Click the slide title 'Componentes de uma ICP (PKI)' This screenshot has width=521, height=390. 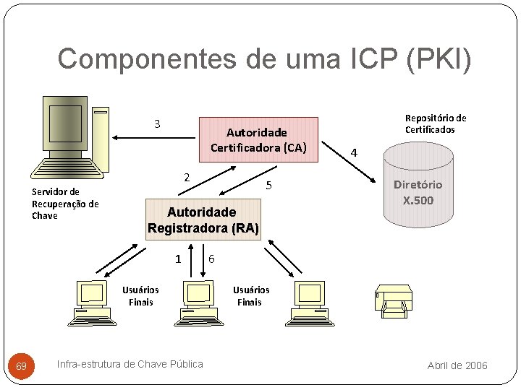tap(264, 59)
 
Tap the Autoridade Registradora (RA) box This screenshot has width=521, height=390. tap(203, 220)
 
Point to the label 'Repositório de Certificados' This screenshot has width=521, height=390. tap(435, 123)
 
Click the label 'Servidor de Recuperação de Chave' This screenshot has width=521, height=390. tap(65, 204)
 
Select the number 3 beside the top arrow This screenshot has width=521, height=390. tap(157, 123)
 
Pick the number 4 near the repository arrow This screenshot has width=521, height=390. tap(353, 152)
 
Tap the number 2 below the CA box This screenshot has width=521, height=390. tap(186, 178)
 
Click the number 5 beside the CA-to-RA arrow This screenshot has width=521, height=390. tap(268, 186)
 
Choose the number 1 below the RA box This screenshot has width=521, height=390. tap(178, 259)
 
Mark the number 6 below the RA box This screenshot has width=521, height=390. tap(211, 259)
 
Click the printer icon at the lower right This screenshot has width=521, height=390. tap(394, 302)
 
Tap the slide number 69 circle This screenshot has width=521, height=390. tap(22, 367)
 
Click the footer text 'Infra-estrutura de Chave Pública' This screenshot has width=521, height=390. tap(130, 364)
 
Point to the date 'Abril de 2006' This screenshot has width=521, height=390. tap(457, 365)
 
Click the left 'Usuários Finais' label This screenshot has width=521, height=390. tap(140, 296)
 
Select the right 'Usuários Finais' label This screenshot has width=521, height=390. tap(250, 296)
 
